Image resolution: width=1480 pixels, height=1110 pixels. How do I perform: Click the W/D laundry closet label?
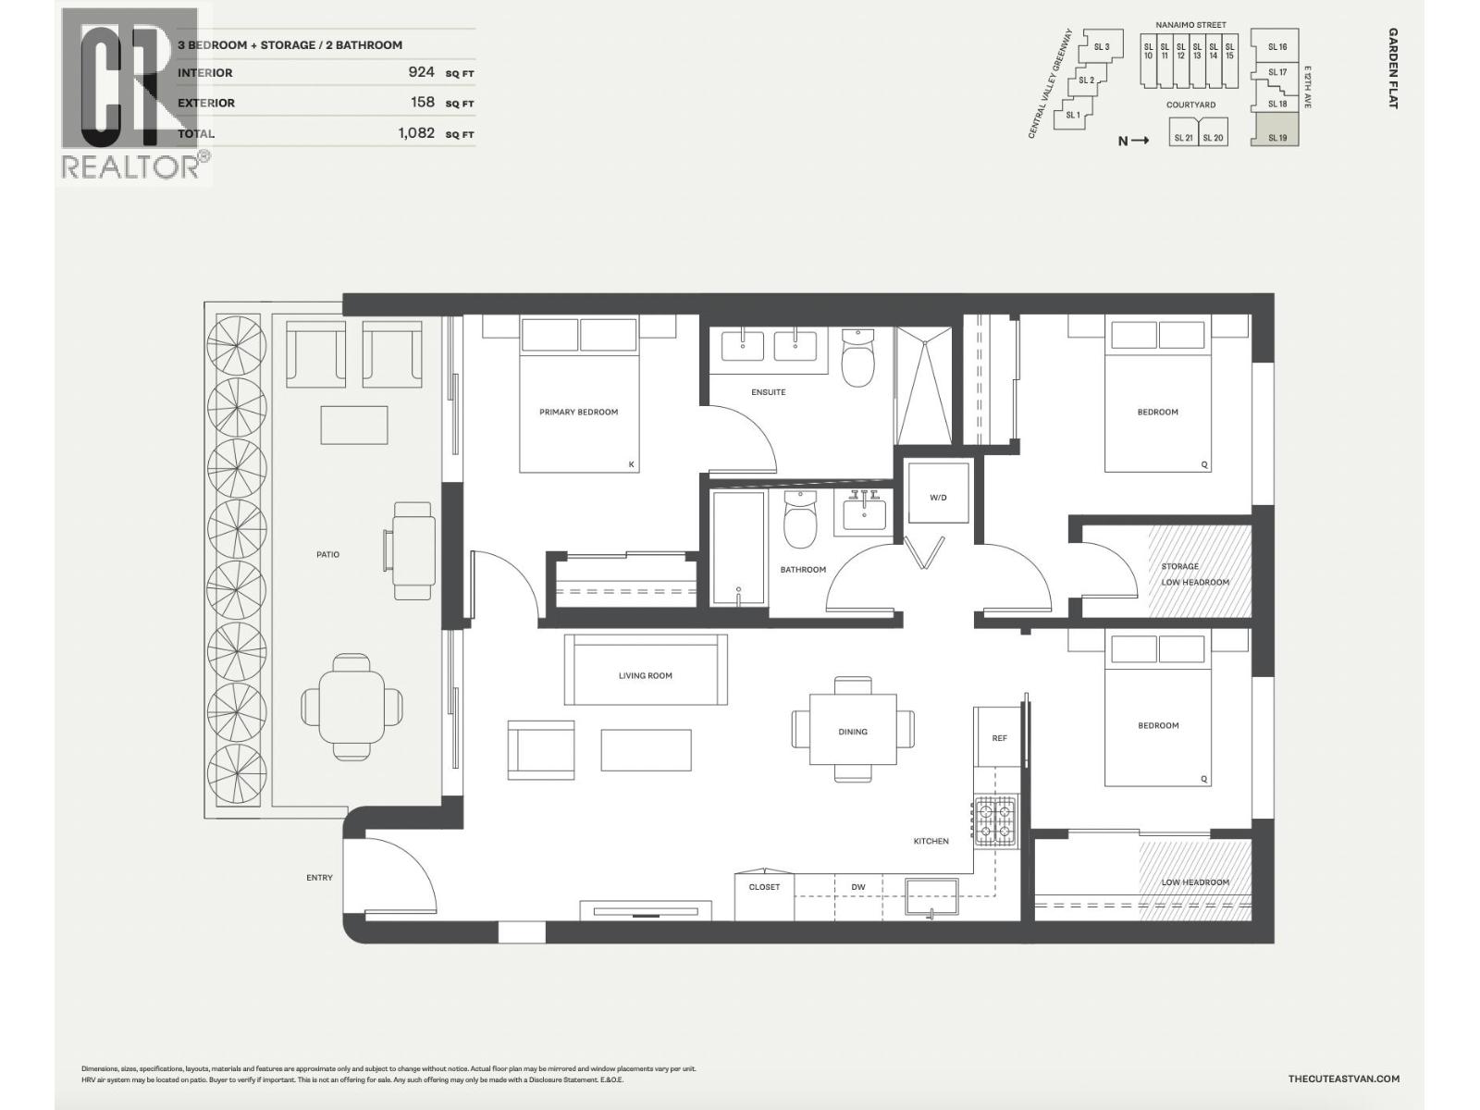coord(938,498)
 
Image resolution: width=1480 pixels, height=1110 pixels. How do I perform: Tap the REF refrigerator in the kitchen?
coord(999,737)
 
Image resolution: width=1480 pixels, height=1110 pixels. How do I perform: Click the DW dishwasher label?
coord(858,887)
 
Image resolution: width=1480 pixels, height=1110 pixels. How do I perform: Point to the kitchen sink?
coord(931,896)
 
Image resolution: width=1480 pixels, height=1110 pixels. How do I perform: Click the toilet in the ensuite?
coord(857,362)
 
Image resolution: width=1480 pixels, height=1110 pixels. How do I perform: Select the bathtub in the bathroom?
coord(739,549)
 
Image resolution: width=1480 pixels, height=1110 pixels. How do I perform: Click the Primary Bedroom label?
coord(578,412)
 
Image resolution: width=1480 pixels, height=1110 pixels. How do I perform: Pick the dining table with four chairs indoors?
coord(853,731)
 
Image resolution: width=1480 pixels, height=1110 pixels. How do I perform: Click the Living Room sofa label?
coord(646,675)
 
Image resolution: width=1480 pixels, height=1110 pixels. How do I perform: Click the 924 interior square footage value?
coord(421,72)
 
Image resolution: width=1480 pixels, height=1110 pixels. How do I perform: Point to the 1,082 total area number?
coord(416,132)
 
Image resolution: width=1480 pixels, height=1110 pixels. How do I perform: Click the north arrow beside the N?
coord(1140,141)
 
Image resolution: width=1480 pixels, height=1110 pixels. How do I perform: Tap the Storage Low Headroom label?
coord(1194,574)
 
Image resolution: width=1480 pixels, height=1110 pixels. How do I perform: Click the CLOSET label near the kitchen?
coord(764,887)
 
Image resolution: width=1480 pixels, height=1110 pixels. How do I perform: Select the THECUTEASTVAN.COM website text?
coord(1343,1079)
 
